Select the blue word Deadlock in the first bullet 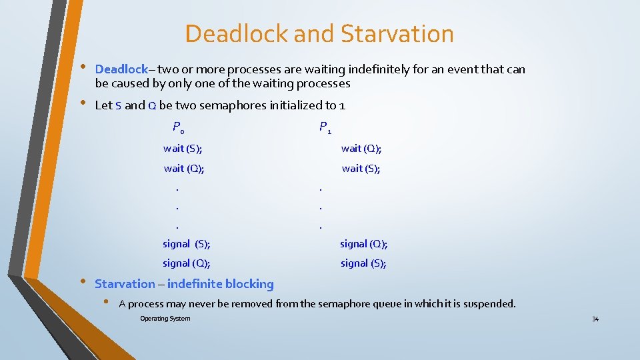tap(121, 69)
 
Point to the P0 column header tap(178, 127)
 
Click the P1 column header tap(325, 127)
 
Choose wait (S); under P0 tap(183, 149)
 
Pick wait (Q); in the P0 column tap(184, 169)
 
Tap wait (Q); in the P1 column tap(361, 149)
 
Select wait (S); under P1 tap(361, 169)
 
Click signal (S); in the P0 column tap(187, 244)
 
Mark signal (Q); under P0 tap(187, 263)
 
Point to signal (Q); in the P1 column tap(364, 244)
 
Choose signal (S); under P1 tap(363, 263)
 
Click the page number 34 tap(595, 319)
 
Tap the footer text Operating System tap(165, 319)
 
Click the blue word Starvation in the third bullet tap(125, 284)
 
